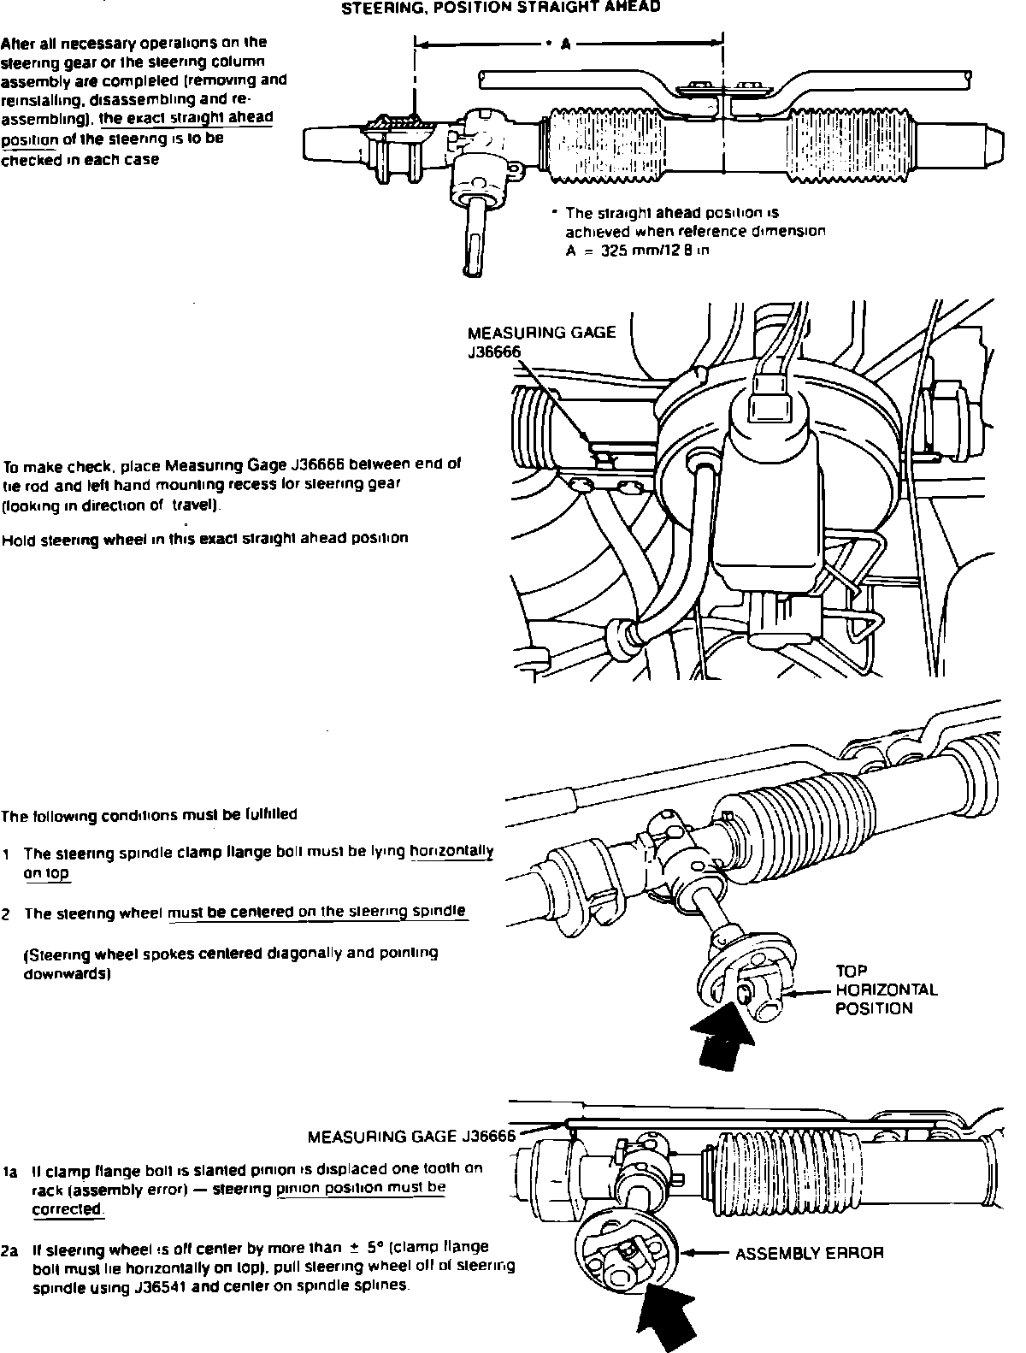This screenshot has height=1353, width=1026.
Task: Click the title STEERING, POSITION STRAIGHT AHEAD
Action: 500,9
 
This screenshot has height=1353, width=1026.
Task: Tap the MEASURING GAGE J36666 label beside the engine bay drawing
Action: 540,341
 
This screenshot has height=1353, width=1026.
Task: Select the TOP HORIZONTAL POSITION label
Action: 886,990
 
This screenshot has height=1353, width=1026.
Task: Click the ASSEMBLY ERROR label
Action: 809,1253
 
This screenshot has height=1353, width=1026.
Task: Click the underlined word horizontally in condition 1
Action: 451,852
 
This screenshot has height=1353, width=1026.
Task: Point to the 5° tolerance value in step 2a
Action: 373,1247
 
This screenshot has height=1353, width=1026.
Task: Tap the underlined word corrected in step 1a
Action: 67,1209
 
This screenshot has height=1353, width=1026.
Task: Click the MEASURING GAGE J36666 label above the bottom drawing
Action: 411,1137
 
